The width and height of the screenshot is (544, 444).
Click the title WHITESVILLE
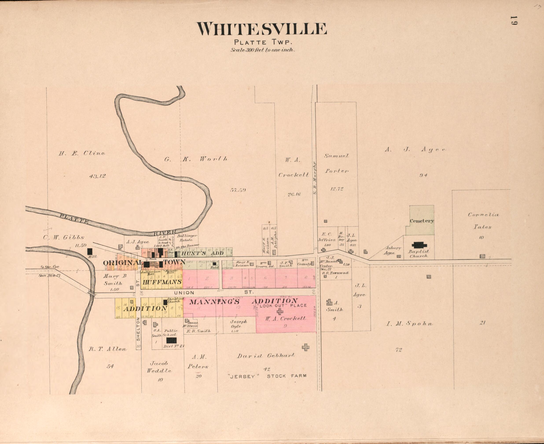pos(261,29)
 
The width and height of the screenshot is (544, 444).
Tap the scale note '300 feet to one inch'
pos(263,50)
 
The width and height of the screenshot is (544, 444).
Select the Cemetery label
pos(422,221)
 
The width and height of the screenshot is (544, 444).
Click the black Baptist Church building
pos(419,245)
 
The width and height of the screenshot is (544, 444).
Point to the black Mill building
pos(90,251)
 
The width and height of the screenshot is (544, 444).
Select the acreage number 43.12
pos(97,176)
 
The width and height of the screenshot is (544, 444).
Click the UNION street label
pos(184,293)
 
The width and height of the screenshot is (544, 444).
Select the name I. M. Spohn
pos(409,324)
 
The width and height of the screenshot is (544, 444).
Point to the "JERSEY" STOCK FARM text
pos(267,376)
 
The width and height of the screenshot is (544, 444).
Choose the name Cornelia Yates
pos(483,221)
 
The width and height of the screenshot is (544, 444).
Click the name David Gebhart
pos(266,356)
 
